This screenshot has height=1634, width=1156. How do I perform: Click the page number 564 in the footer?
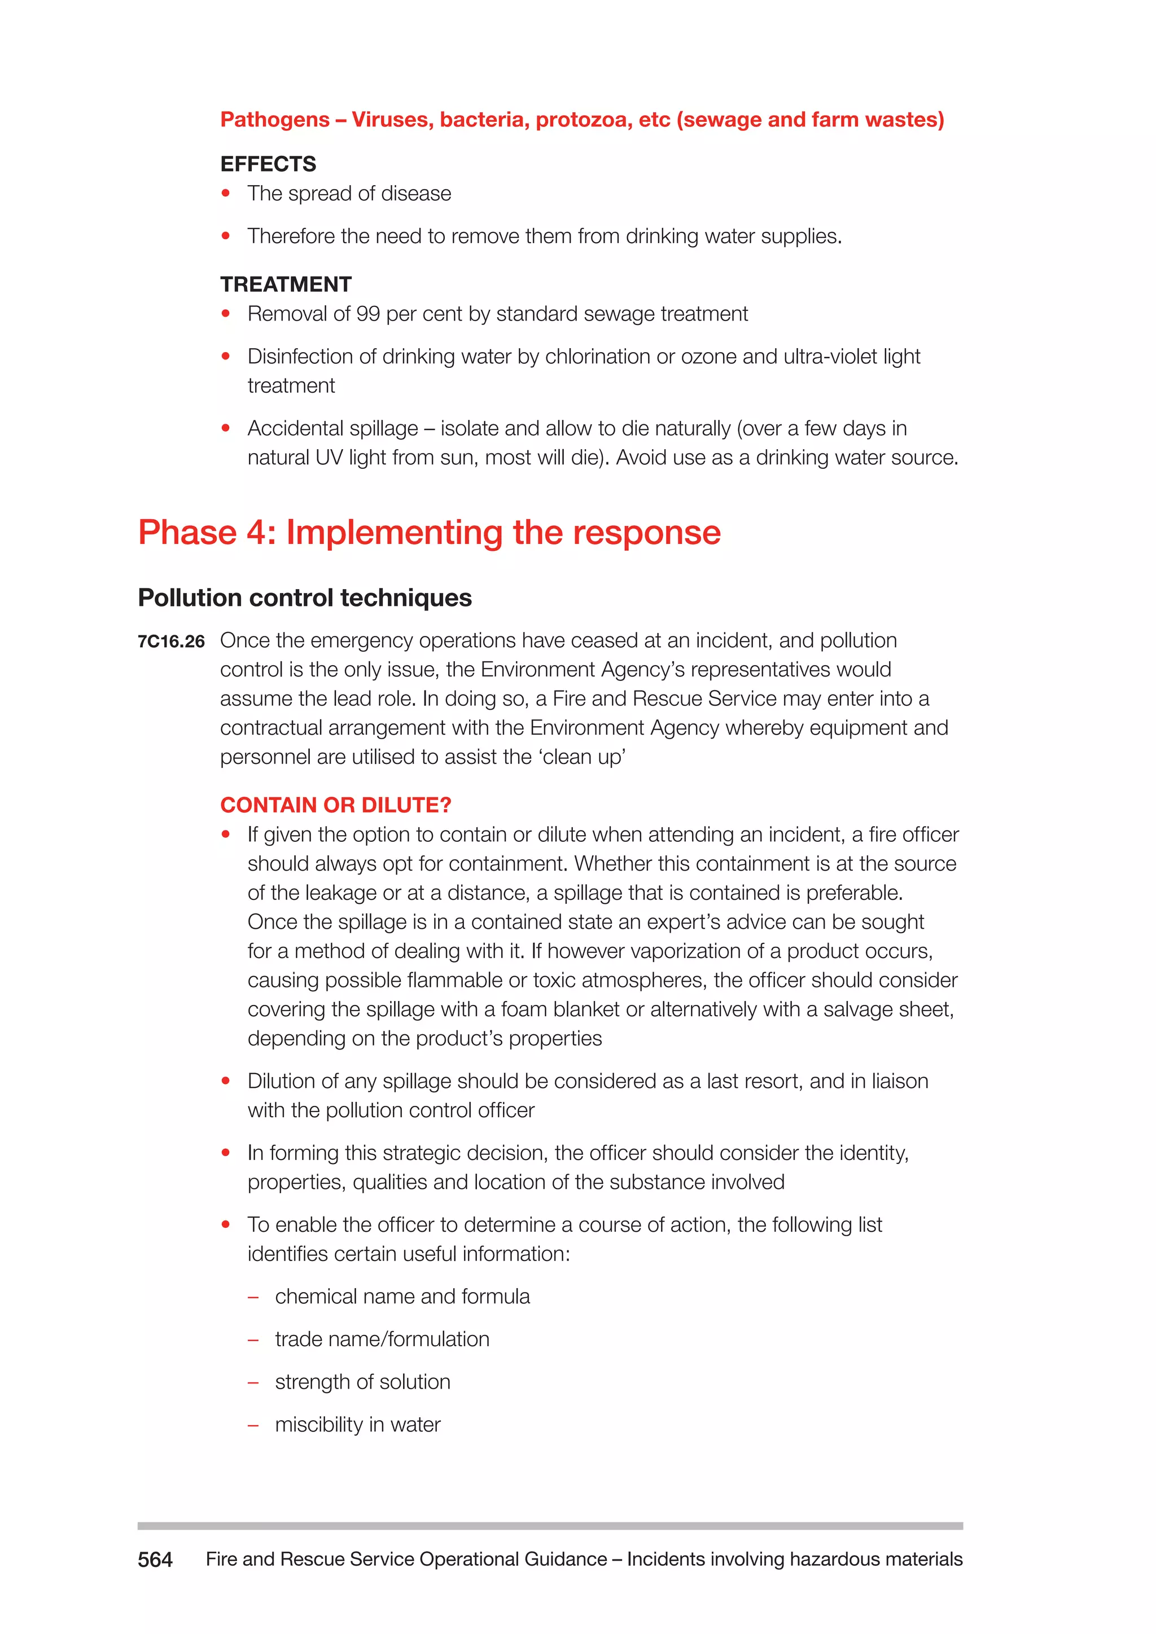155,1560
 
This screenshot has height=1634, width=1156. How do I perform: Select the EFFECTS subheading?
268,164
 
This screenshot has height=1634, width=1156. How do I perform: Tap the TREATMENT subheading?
286,285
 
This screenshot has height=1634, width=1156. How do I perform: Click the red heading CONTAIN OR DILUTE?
335,805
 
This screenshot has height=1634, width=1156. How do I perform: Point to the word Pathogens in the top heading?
275,120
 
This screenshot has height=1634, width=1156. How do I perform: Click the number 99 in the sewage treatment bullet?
368,314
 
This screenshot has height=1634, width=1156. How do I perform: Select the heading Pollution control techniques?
305,598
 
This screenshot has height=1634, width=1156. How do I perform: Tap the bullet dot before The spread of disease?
226,193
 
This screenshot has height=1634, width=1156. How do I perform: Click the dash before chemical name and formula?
253,1297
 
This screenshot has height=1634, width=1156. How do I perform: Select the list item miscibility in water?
357,1425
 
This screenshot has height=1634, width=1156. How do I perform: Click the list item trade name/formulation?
382,1339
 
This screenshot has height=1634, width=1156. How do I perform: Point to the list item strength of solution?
362,1382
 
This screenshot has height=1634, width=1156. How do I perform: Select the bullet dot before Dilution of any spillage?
226,1080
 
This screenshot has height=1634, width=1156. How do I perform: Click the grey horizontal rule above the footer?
550,1526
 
